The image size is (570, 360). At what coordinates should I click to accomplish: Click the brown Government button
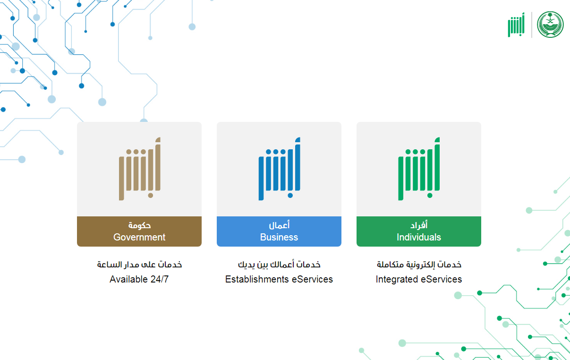click(x=139, y=231)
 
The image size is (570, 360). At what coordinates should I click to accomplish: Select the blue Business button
click(x=279, y=231)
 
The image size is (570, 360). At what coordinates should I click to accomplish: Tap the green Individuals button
click(x=418, y=231)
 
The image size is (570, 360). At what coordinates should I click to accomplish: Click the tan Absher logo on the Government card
click(x=140, y=169)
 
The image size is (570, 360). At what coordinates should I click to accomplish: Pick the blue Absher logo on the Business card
click(x=280, y=169)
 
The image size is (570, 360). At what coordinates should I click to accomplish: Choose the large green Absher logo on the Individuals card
click(x=419, y=169)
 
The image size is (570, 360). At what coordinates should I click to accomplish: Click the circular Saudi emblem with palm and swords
click(x=550, y=25)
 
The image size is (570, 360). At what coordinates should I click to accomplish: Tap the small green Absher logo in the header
click(x=516, y=25)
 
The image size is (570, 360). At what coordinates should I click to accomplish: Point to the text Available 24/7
click(x=139, y=279)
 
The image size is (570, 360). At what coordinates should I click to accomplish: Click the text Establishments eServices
click(x=279, y=279)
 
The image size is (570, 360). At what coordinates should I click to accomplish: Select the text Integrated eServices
click(x=418, y=279)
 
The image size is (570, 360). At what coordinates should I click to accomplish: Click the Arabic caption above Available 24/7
click(x=139, y=265)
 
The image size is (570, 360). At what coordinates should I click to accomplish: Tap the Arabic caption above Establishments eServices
click(x=279, y=265)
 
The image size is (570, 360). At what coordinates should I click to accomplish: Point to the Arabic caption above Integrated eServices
click(x=419, y=265)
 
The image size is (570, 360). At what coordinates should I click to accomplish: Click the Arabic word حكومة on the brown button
click(x=139, y=225)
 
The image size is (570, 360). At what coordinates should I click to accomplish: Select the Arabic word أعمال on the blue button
click(x=279, y=225)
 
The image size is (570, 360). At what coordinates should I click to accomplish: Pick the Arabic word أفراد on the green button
click(x=419, y=225)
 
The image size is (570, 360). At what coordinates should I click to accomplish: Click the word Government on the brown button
click(x=139, y=237)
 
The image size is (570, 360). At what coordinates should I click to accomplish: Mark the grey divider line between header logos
click(x=532, y=25)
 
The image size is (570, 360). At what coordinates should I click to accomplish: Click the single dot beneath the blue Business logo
click(x=290, y=196)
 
